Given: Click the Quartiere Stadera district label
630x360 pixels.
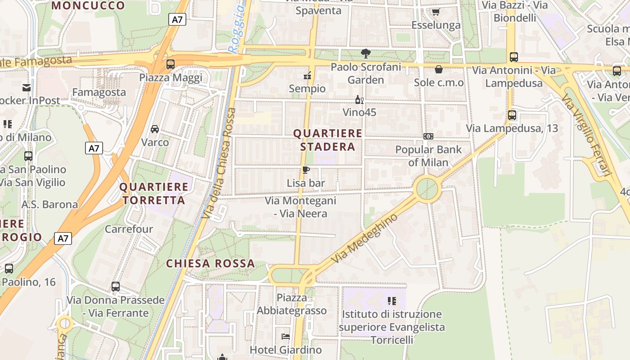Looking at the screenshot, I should tap(328, 140).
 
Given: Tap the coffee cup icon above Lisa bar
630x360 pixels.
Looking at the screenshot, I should tap(306, 170).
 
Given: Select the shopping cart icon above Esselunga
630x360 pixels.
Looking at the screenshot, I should tap(435, 12).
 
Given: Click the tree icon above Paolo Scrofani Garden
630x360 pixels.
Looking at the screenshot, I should tap(366, 54).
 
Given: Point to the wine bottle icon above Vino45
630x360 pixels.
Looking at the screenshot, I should tap(359, 99).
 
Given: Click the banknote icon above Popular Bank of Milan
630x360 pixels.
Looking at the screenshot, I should tap(428, 136).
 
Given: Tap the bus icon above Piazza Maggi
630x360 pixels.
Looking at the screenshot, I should tap(171, 64).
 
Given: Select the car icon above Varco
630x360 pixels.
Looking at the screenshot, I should tap(155, 129).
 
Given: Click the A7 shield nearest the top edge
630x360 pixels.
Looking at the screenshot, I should tap(177, 19).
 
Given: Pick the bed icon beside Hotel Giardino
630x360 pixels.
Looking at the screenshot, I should tap(286, 336).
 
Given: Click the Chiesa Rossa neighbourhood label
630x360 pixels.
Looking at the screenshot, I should tap(211, 264).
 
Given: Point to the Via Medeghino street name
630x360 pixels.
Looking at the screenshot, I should tap(364, 238).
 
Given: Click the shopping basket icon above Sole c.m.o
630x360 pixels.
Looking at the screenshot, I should tap(438, 69).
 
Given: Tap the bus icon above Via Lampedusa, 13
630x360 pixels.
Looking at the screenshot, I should tap(512, 115).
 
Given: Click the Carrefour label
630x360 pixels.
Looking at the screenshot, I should tap(129, 229).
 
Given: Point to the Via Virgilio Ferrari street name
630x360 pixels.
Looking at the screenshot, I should tap(588, 135).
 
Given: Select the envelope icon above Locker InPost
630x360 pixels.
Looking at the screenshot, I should tap(27, 87).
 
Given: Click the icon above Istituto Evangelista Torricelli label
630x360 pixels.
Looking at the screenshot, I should tap(391, 301).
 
